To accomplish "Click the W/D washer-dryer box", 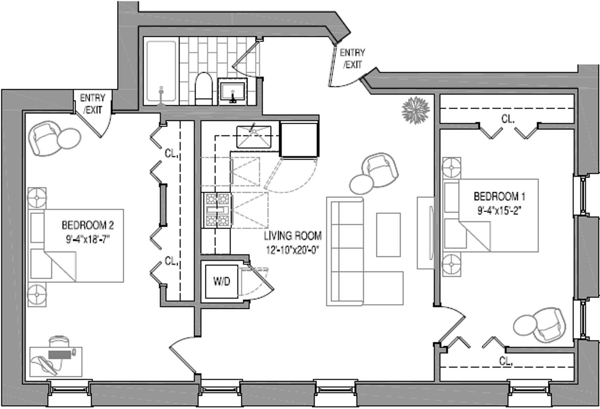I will click(x=222, y=281).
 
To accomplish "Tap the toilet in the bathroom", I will click(x=204, y=89).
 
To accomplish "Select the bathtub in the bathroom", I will click(x=161, y=71).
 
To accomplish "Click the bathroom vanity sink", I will click(x=233, y=92).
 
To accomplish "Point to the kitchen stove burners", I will click(x=217, y=210).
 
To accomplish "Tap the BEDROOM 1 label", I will click(x=499, y=197).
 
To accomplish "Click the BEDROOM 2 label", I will click(x=87, y=225).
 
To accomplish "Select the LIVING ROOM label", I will click(x=293, y=236).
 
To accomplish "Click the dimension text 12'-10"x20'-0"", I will click(x=293, y=250).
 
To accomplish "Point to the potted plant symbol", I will click(x=416, y=110).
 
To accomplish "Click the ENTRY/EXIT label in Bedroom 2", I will click(x=92, y=104).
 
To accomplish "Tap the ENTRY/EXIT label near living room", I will click(x=352, y=58).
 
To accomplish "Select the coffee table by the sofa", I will click(x=388, y=235).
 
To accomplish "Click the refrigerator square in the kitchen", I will click(x=299, y=139).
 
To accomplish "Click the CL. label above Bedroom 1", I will click(x=508, y=119).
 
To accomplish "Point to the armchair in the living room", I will click(x=380, y=170).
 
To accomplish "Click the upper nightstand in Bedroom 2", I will click(x=37, y=197).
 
